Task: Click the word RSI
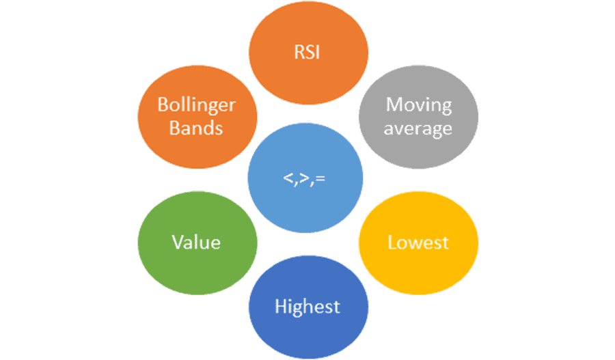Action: pyautogui.click(x=307, y=52)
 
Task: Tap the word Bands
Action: pyautogui.click(x=196, y=128)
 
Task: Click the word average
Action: pyautogui.click(x=418, y=129)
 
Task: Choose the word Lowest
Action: pyautogui.click(x=418, y=243)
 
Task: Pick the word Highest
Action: pyautogui.click(x=307, y=307)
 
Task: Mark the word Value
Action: pyautogui.click(x=196, y=243)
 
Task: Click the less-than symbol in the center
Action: pyautogui.click(x=288, y=178)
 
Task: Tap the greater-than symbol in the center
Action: pyautogui.click(x=304, y=178)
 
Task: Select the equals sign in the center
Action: pyautogui.click(x=320, y=179)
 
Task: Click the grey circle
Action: pyautogui.click(x=418, y=117)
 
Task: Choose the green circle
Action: pyautogui.click(x=197, y=243)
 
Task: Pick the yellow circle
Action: pyautogui.click(x=418, y=243)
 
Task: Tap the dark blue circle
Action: pyautogui.click(x=308, y=307)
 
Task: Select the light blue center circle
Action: pyautogui.click(x=305, y=178)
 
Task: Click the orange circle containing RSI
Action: pyautogui.click(x=308, y=53)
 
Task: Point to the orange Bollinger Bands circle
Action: pyautogui.click(x=197, y=117)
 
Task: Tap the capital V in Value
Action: pyautogui.click(x=178, y=243)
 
